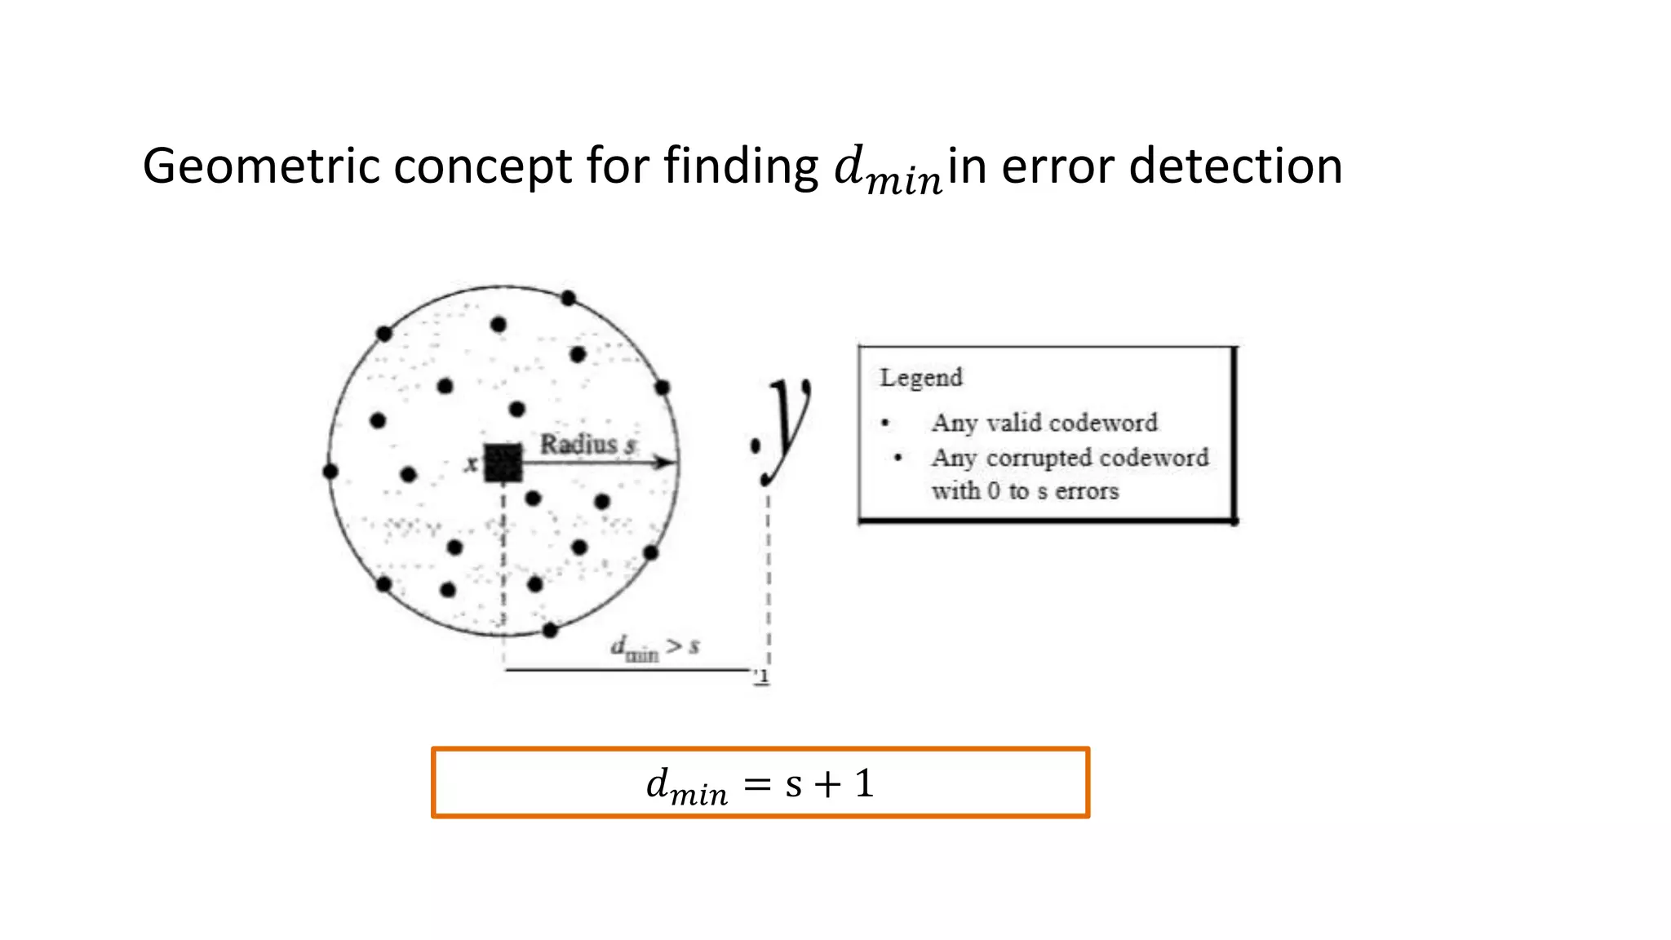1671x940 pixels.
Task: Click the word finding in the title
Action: click(740, 166)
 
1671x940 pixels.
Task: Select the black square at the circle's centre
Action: click(503, 463)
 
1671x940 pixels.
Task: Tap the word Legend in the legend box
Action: click(920, 378)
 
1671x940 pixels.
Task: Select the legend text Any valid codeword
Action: click(1044, 423)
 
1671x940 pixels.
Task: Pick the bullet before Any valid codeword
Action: click(885, 423)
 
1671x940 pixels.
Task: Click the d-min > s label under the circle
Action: click(655, 649)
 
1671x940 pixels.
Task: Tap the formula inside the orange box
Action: click(760, 784)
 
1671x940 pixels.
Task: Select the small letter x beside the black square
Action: click(471, 464)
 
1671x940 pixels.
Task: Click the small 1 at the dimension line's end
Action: click(763, 677)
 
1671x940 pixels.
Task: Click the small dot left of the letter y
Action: click(756, 446)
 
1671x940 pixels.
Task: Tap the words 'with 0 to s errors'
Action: click(1025, 491)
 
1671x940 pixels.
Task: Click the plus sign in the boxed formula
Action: click(827, 784)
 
